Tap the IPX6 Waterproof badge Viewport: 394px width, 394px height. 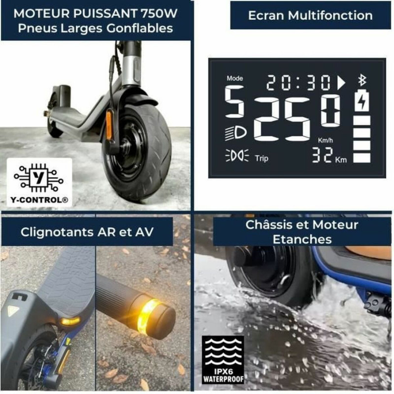pos(223,360)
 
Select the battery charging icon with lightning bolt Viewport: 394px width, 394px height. pos(362,101)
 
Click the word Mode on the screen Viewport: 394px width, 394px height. pos(235,78)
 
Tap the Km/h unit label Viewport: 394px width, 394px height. pos(326,141)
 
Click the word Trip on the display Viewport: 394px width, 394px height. pos(262,159)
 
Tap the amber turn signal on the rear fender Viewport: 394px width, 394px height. pos(70,322)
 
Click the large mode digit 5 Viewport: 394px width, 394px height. pos(234,102)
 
